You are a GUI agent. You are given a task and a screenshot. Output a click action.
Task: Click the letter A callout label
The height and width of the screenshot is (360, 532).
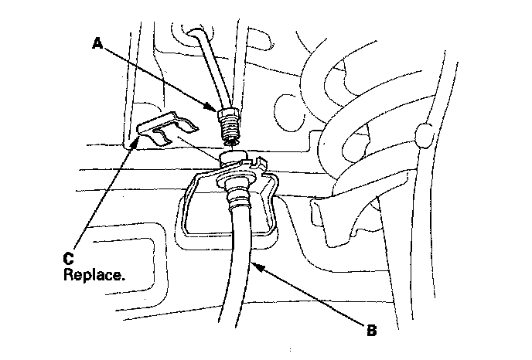(x=97, y=44)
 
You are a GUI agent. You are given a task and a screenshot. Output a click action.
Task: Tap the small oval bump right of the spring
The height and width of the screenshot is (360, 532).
(x=424, y=136)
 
